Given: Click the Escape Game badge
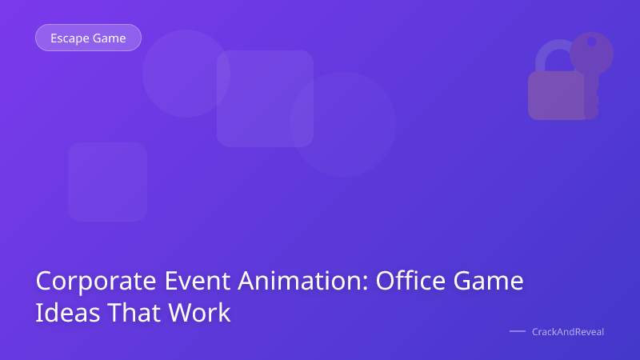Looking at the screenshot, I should tap(88, 38).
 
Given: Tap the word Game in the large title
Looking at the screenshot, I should tap(490, 282).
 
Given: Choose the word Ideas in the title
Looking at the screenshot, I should tap(62, 313).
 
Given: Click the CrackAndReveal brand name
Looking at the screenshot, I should tap(568, 331).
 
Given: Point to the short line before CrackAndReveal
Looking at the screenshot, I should tap(517, 331).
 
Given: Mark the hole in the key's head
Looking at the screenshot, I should tap(591, 42).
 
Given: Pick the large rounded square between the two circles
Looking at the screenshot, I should tap(265, 98).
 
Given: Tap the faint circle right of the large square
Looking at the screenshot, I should tap(343, 124).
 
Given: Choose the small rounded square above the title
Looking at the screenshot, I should tap(107, 182).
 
